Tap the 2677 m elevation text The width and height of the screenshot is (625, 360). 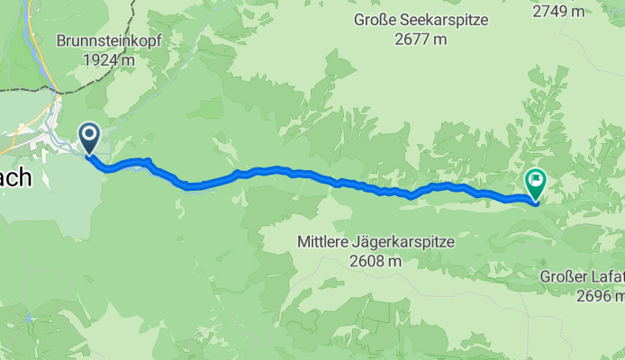(x=420, y=39)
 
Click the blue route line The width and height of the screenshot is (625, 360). (x=270, y=169)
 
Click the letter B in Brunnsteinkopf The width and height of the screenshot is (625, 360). (x=61, y=41)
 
